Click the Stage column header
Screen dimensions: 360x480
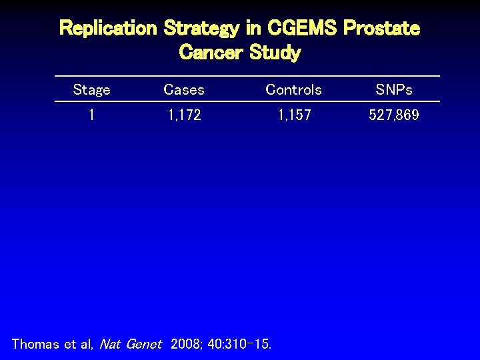tap(91, 89)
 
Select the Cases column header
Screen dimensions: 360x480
tap(184, 89)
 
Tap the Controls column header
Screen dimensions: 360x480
tap(293, 89)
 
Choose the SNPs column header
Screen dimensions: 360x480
tap(394, 89)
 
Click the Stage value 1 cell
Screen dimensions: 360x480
tap(91, 115)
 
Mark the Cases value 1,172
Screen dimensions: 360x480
tap(184, 115)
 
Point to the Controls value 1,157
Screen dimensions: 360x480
tap(294, 115)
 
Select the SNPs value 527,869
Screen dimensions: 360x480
tap(394, 115)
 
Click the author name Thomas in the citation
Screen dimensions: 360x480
tap(35, 344)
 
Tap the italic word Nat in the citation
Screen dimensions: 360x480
tap(109, 344)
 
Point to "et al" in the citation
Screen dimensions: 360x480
tap(79, 344)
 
